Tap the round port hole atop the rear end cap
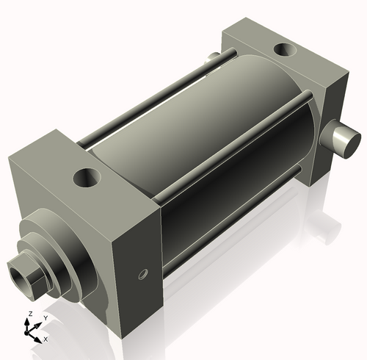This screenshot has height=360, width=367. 283,51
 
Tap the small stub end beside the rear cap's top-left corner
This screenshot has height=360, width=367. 212,58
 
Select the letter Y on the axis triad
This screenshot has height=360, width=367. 45,317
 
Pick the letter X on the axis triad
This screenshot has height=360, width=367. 46,339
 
